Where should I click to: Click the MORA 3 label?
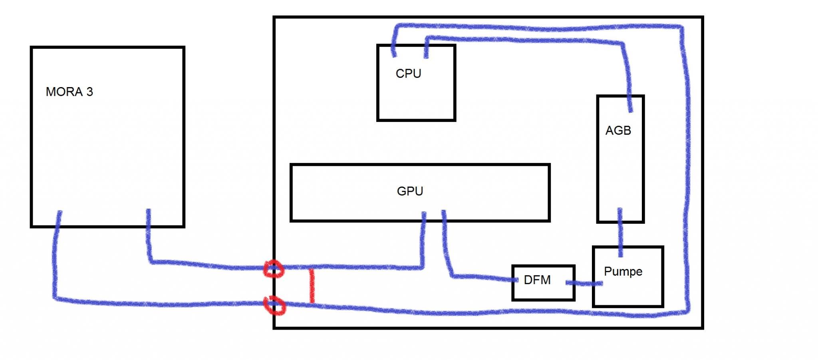(69, 92)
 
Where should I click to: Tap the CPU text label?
(408, 74)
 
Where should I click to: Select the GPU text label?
(410, 191)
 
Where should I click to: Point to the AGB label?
(618, 131)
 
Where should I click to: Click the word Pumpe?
(623, 272)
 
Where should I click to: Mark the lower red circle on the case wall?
(275, 306)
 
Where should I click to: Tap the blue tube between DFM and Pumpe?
(584, 283)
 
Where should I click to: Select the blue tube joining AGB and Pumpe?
(620, 234)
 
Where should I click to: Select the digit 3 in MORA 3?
(90, 92)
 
